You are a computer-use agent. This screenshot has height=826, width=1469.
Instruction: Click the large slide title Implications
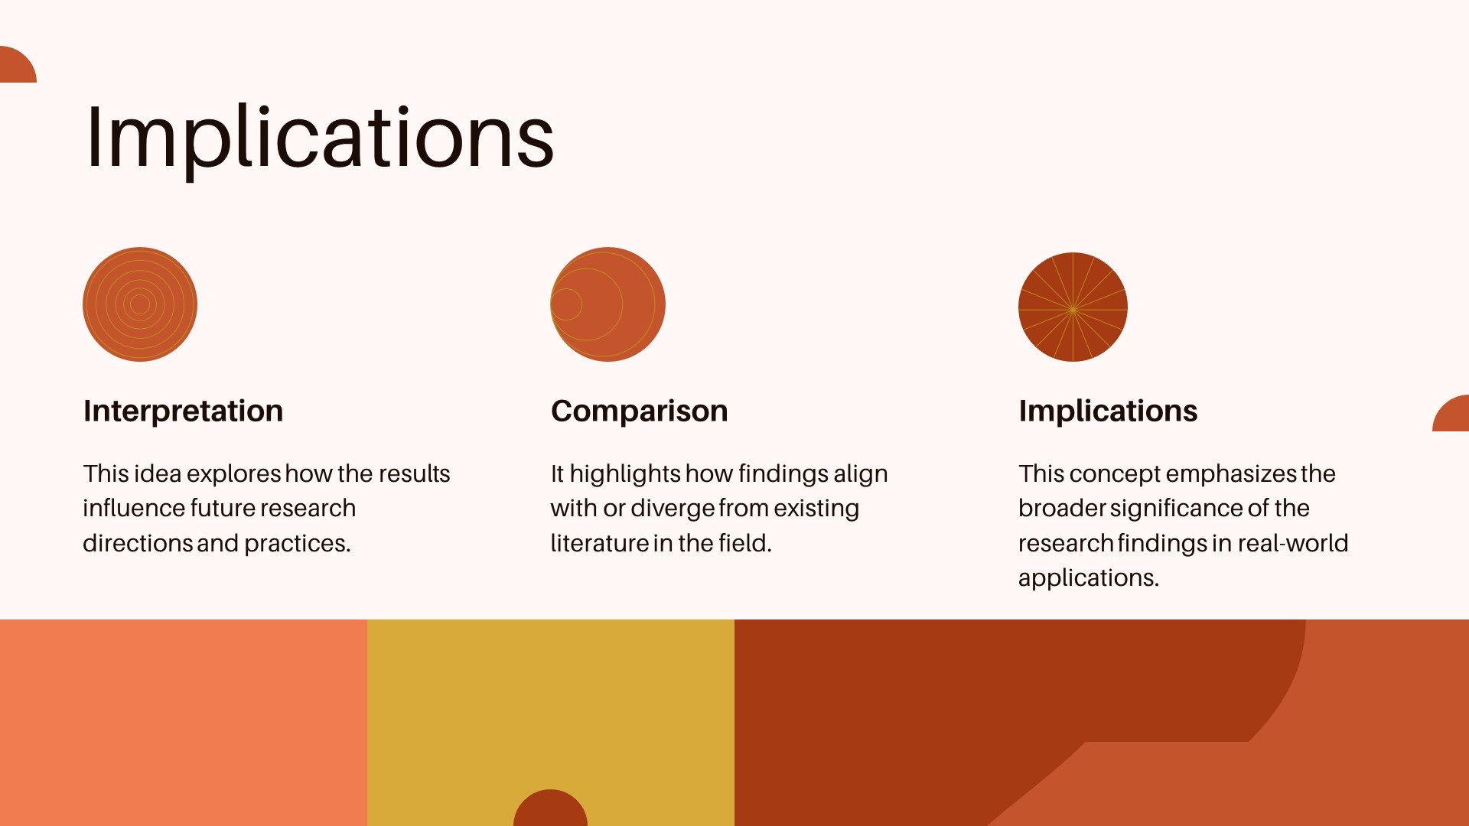(320, 138)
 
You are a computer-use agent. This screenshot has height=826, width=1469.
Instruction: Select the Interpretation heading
(183, 411)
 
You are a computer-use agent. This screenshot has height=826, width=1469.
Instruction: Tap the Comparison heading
(639, 411)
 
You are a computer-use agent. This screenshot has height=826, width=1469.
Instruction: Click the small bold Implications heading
(1108, 411)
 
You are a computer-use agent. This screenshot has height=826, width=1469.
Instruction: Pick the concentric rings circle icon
(140, 304)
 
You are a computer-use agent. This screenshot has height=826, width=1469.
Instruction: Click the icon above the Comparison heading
(607, 304)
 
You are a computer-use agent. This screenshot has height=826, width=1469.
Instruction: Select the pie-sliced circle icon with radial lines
(1073, 307)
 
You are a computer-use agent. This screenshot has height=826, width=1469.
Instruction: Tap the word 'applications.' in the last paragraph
(1089, 578)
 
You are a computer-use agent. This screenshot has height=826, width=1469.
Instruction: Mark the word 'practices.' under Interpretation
(297, 544)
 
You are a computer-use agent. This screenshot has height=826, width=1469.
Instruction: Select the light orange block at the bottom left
(184, 723)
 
